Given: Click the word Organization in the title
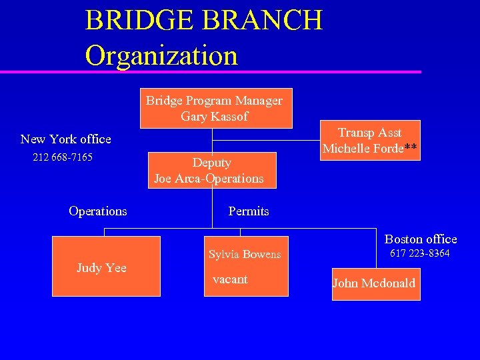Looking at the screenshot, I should point(161,55).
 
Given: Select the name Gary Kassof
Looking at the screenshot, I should point(214,117).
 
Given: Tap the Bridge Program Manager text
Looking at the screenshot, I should point(214,101).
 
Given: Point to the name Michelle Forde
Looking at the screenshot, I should point(363,149).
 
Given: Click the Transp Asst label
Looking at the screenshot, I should point(369,133).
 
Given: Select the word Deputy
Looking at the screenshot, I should point(211,163).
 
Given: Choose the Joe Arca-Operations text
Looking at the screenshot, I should point(209,179).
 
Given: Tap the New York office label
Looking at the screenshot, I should point(65,139).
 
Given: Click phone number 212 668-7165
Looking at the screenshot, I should point(63,158).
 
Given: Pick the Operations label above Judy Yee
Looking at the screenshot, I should point(97,211).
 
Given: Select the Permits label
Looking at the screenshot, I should point(248,211).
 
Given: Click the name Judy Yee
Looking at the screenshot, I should point(101,268).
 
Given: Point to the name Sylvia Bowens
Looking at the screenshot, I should point(245,255).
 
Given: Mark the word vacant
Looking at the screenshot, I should point(229,279).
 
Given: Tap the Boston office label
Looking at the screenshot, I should point(421,239).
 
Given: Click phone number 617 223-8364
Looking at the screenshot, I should point(419,254).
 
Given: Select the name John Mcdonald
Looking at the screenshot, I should point(373,283).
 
